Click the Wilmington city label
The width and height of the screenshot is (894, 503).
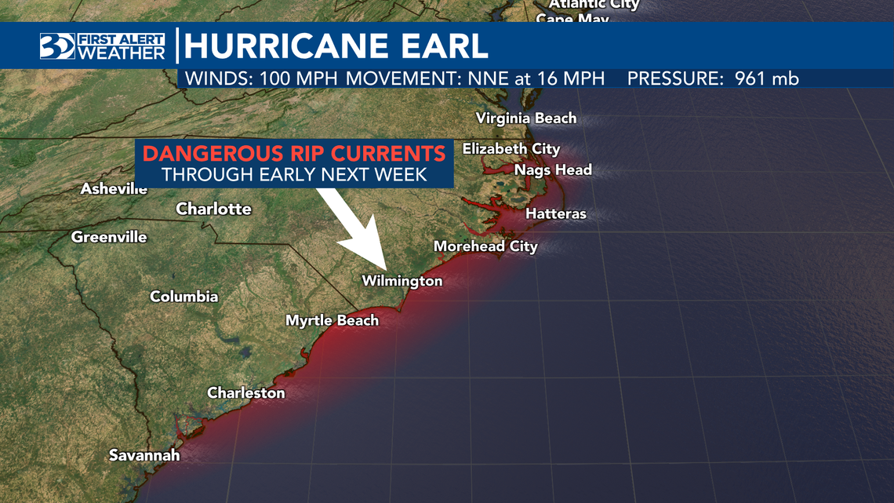[402, 281]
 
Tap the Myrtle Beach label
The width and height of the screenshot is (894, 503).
[332, 320]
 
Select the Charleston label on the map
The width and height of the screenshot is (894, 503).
[245, 392]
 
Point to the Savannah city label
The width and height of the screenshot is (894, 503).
[144, 455]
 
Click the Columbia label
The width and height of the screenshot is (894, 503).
[184, 297]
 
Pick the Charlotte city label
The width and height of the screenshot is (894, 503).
[213, 209]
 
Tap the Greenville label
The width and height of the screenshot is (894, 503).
[109, 237]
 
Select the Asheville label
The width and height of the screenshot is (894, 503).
[114, 189]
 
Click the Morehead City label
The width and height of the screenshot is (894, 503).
[485, 246]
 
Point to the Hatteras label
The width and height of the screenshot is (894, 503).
[555, 213]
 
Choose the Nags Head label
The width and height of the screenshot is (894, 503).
[553, 169]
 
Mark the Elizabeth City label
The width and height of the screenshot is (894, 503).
[511, 148]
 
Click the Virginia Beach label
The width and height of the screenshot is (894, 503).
[526, 118]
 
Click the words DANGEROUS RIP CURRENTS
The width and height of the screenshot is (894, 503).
[294, 153]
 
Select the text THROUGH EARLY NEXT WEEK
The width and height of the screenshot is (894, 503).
[294, 174]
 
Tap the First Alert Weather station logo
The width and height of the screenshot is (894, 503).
[103, 46]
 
